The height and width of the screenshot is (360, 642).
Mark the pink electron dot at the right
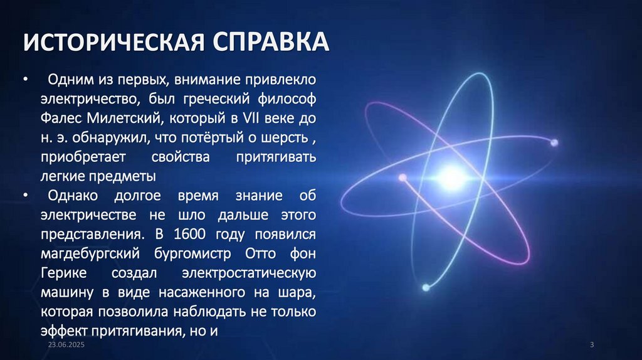pos(554,143)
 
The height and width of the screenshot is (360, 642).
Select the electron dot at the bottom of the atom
pos(426,288)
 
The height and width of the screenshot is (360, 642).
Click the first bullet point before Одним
pos(26,80)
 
